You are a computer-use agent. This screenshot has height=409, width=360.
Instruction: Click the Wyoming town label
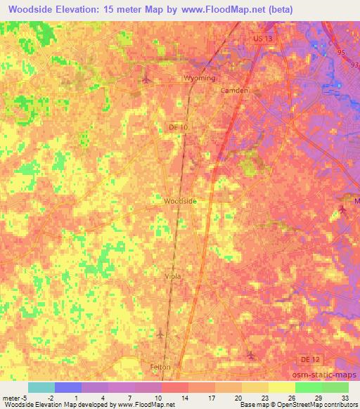[x=199, y=78]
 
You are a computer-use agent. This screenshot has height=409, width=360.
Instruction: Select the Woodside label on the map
[x=180, y=200]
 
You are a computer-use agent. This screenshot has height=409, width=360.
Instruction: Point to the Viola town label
[x=172, y=276]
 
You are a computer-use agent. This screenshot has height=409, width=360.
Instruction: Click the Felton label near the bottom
[x=161, y=367]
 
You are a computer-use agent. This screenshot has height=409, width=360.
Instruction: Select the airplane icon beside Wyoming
[x=146, y=78]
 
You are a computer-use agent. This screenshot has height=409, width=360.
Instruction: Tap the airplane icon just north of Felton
[x=160, y=333]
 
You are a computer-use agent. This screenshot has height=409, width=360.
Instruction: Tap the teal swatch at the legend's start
[x=41, y=387]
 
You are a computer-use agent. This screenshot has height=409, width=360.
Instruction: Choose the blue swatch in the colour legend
[x=68, y=387]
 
